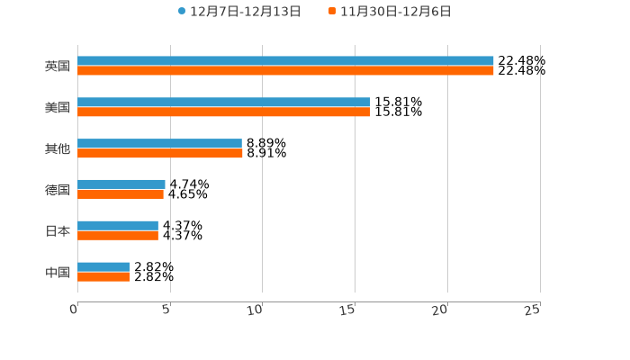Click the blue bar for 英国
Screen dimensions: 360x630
[285, 61]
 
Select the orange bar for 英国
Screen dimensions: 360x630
[285, 71]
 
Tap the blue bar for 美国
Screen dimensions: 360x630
[223, 103]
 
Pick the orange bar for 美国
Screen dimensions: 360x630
[223, 112]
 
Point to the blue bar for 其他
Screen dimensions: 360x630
[159, 144]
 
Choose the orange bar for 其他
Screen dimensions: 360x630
[160, 154]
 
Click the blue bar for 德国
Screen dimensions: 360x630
[121, 184]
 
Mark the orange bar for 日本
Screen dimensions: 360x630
[118, 236]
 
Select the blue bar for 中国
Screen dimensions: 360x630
[103, 267]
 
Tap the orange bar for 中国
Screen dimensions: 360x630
[103, 277]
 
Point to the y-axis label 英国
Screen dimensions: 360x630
[58, 67]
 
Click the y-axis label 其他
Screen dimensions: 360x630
[58, 148]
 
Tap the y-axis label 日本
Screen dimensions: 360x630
[58, 231]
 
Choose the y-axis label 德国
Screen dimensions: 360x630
[58, 190]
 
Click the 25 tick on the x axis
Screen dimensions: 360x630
[532, 310]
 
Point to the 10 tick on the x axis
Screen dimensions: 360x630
[255, 310]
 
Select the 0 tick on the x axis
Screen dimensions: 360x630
[75, 310]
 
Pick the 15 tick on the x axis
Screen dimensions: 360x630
[347, 310]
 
